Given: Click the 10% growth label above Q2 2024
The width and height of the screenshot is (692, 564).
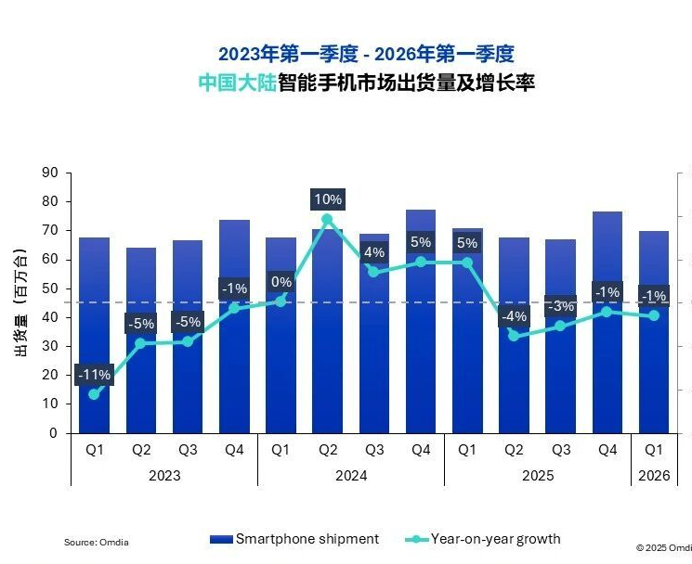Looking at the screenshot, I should coord(328,199).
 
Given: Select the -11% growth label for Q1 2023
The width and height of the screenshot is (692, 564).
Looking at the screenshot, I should coord(94,375).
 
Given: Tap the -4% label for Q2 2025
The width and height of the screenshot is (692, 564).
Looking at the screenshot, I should coord(514,316).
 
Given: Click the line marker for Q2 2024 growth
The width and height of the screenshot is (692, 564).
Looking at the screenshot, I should coord(327,220).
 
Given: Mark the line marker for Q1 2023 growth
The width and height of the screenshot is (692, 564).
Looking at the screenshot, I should coord(94,394).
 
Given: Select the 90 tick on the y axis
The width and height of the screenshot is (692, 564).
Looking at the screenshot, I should coord(50,173).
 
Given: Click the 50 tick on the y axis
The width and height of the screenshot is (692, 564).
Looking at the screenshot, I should coord(50,288).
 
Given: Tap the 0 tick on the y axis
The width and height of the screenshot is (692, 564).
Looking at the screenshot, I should coord(54,433).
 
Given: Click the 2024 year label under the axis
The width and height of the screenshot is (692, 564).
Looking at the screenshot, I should coord(350,475).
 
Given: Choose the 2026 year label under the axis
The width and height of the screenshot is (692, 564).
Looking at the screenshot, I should coord(654,475).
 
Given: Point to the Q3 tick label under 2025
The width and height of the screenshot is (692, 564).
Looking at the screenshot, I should coord(560,450).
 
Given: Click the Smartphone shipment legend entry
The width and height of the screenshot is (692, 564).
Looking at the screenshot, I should coord(295,539).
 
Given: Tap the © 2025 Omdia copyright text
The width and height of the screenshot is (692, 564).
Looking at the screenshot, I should coord(663,547).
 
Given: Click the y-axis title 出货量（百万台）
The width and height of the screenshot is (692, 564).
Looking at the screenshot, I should coord(20,302).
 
